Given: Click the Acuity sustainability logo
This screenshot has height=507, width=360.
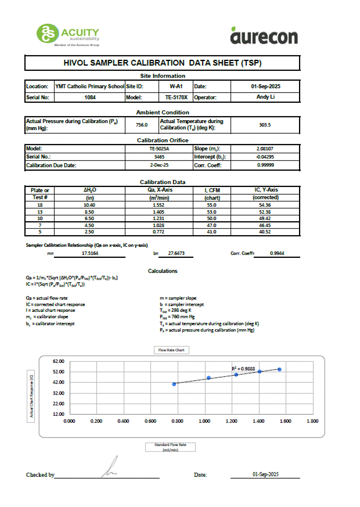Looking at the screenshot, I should click(x=68, y=34).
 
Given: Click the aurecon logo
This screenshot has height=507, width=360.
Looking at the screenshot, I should click(x=264, y=35).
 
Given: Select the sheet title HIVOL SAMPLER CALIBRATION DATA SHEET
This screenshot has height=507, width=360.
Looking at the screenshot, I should click(x=163, y=63).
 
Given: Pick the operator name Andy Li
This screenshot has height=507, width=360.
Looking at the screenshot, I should click(x=267, y=97).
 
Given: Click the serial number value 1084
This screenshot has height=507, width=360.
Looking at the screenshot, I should click(x=90, y=97).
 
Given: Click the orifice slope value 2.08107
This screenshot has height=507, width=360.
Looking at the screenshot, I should click(x=265, y=149).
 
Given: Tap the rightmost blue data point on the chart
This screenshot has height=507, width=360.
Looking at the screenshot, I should click(x=279, y=369).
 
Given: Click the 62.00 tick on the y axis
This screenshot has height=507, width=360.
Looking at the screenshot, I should click(x=57, y=361).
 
